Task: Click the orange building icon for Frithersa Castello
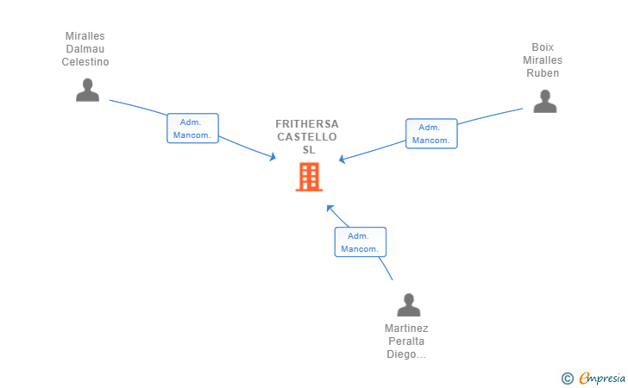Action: pos(309,177)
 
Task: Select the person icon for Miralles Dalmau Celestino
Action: pos(87,90)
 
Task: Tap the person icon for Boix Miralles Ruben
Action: pos(544,101)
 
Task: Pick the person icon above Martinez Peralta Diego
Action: pos(408,304)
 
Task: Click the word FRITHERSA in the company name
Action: pos(307,124)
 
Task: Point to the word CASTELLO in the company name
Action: pos(307,137)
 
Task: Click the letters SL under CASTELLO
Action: pos(308,150)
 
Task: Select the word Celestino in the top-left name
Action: pos(85,62)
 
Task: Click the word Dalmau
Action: pos(85,49)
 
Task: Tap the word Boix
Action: pos(543,47)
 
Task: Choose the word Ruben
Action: pos(543,73)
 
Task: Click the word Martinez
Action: pos(406,329)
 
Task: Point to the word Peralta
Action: pos(406,341)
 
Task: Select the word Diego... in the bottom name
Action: pos(406,354)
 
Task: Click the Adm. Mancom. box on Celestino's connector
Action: pos(192,128)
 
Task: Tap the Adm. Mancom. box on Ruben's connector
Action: pos(431,134)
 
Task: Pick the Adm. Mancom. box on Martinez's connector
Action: pos(360,242)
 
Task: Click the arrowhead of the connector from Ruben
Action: pos(342,160)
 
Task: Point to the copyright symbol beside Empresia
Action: pos(567,378)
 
